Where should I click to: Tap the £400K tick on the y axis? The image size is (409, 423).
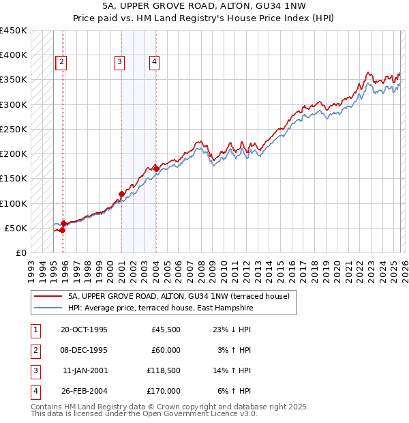[x=14, y=55]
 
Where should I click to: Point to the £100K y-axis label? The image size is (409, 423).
[x=14, y=203]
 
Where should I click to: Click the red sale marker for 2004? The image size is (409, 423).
[x=156, y=168]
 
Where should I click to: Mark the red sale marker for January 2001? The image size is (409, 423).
[x=121, y=194]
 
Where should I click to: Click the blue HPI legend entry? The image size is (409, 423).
[x=160, y=308]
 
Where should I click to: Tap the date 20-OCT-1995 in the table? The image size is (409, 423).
[x=84, y=330]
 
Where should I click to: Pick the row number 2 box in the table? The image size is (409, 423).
[x=34, y=351]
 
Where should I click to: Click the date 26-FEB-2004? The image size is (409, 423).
[x=84, y=393]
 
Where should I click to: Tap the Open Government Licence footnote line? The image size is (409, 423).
[x=145, y=413]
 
